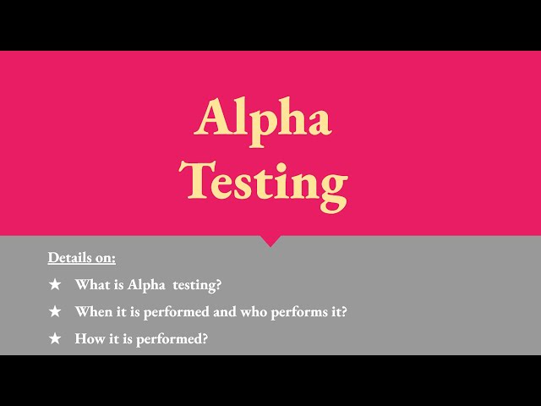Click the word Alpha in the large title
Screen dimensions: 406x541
(263, 118)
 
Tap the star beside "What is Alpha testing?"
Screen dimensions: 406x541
(55, 285)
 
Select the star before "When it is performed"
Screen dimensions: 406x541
(55, 312)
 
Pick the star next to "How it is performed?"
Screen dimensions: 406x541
(55, 338)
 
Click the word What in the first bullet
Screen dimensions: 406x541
(90, 285)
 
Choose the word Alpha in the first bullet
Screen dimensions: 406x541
(145, 285)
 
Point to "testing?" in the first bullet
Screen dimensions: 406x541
(197, 285)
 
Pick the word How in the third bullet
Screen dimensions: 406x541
(89, 338)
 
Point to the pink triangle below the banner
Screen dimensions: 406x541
(270, 240)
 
